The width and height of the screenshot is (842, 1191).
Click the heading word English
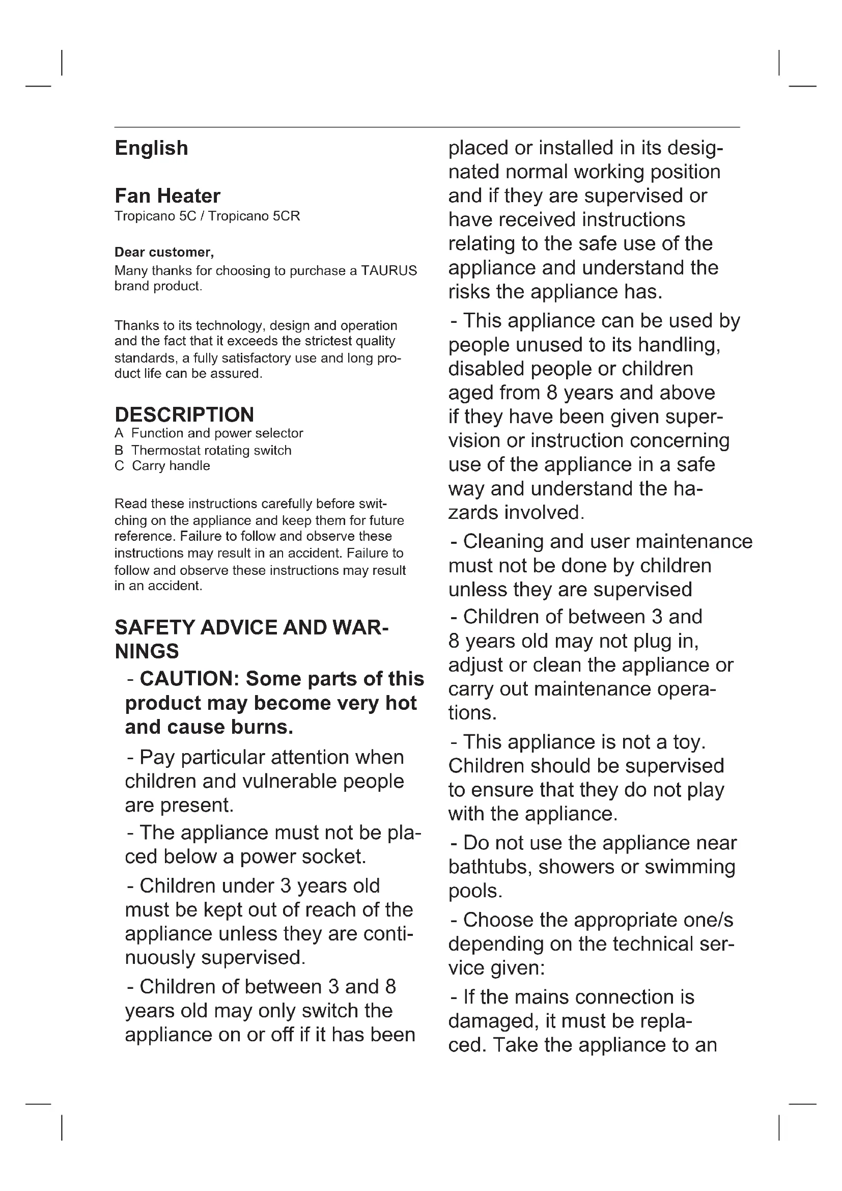point(151,148)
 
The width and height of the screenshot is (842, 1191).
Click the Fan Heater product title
point(167,196)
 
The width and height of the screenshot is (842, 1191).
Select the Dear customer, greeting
point(164,253)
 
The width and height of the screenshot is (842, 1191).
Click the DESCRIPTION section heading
point(184,415)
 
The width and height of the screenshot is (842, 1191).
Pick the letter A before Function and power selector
point(119,433)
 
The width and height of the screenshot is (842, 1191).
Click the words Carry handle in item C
point(171,466)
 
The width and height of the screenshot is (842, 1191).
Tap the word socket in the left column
point(333,856)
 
